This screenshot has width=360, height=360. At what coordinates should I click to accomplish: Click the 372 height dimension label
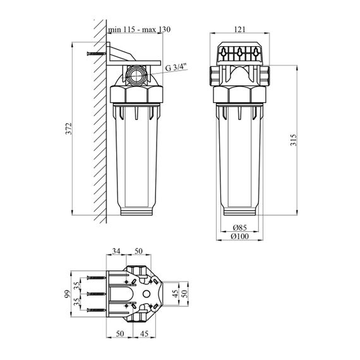coord(69,129)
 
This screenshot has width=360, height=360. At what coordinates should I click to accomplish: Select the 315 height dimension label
coord(294,140)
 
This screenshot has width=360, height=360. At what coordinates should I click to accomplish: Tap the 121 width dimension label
coord(240,30)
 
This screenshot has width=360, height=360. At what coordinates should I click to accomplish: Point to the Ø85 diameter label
coord(240,227)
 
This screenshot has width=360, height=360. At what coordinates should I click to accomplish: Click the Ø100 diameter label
coord(240,236)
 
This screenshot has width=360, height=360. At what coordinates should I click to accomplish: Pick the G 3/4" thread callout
coord(177,68)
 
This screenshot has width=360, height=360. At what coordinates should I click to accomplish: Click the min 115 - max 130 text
coord(140,30)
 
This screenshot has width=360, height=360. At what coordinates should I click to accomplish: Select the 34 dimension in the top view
coord(116,251)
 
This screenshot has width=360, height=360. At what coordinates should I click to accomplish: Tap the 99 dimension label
coord(67,294)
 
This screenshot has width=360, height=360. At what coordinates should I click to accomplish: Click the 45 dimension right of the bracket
coord(176,294)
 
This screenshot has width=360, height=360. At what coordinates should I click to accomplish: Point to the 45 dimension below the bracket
coord(144,333)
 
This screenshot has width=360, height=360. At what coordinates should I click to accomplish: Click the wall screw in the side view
coord(97,54)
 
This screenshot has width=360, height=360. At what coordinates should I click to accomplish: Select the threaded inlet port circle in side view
coord(136,75)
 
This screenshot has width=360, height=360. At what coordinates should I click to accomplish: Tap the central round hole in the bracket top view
coord(147,294)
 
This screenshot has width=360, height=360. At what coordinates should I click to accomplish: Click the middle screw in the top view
coord(97,294)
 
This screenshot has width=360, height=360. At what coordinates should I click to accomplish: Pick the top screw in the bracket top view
coord(97,278)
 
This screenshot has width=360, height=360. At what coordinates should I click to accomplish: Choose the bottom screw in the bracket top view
coord(97,310)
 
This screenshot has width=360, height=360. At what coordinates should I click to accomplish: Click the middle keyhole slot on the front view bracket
coord(240,52)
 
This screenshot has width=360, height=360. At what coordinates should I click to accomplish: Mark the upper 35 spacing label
coord(78,285)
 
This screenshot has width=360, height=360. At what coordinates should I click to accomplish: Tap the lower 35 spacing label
coord(78,302)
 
